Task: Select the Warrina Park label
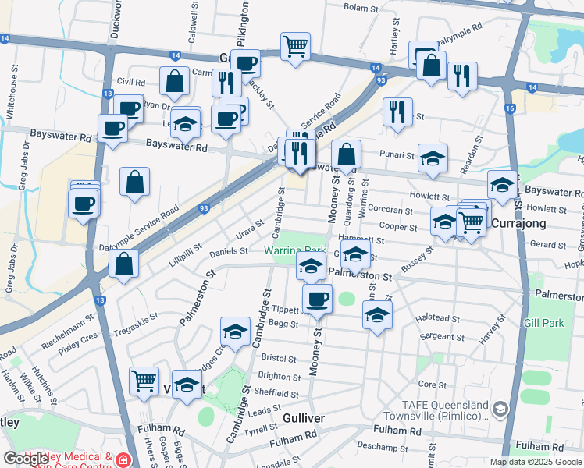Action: coord(294,251)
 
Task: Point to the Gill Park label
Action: coord(543,322)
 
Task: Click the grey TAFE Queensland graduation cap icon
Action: coord(500,408)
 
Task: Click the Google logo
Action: coord(27,458)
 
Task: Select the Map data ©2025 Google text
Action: coord(536,462)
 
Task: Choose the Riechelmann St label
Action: coord(69,331)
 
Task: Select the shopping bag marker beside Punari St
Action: coord(347,154)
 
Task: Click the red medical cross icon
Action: coord(123,461)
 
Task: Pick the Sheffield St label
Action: coord(276,392)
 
